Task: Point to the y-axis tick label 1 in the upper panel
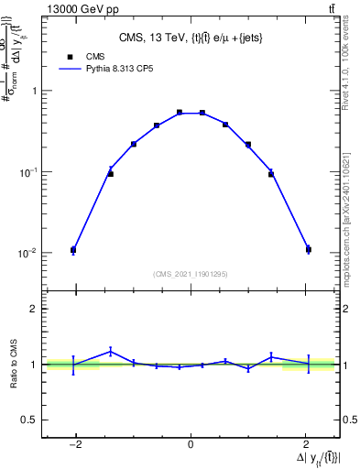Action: click(x=34, y=91)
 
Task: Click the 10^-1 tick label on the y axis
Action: click(x=29, y=171)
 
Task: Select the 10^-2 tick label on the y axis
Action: click(x=29, y=253)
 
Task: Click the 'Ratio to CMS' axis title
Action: click(x=14, y=364)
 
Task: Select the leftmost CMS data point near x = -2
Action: click(x=73, y=249)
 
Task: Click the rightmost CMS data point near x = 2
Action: click(x=309, y=249)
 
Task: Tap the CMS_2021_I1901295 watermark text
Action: click(x=191, y=274)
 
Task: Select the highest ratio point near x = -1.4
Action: click(x=110, y=351)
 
